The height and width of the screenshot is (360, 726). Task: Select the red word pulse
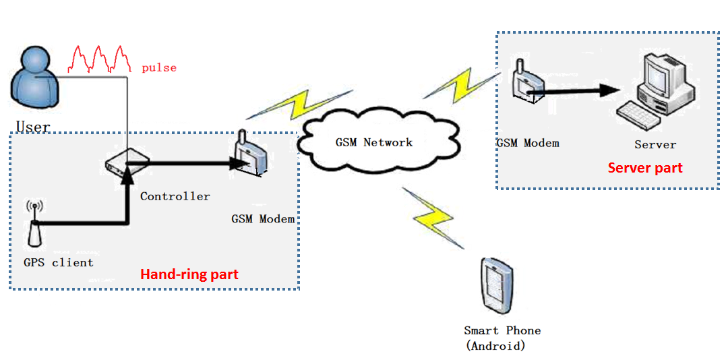pyautogui.click(x=159, y=68)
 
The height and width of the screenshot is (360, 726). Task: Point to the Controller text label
pyautogui.click(x=175, y=196)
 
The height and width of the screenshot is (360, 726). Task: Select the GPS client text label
pyautogui.click(x=59, y=262)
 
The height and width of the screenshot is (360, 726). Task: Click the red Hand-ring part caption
pyautogui.click(x=189, y=274)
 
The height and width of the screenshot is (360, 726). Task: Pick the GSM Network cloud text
pyautogui.click(x=374, y=142)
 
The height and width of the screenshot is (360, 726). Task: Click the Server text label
pyautogui.click(x=655, y=145)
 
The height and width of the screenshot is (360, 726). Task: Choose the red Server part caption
pyautogui.click(x=645, y=168)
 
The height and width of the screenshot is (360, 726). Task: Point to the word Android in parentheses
pyautogui.click(x=495, y=346)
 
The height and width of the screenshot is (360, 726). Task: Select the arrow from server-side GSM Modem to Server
pyautogui.click(x=580, y=91)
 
